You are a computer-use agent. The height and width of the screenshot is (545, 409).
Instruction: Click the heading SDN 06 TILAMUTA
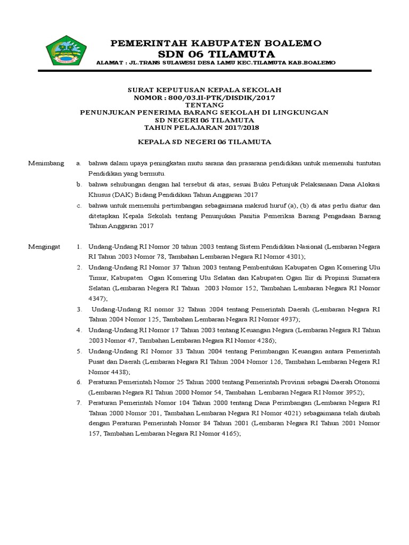(x=216, y=54)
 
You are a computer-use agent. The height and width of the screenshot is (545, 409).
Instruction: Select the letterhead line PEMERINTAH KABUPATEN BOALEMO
(x=216, y=43)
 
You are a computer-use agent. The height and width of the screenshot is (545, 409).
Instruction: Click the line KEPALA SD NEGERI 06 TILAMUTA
(x=204, y=142)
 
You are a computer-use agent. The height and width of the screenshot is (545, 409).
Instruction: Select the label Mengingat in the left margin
(x=45, y=247)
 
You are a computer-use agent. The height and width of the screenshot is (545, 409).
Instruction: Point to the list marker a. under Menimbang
(x=79, y=163)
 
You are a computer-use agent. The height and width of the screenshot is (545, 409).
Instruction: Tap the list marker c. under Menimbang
(x=79, y=205)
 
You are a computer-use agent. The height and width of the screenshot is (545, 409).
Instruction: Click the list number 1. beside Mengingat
(x=79, y=247)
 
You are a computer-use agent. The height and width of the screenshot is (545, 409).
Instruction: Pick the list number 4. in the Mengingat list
(x=79, y=331)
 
